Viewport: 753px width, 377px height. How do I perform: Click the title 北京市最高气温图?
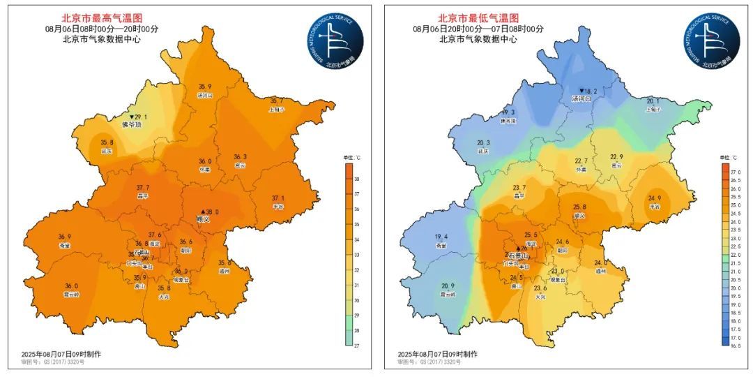[102, 17]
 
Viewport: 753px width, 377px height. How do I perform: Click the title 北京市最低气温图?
[478, 17]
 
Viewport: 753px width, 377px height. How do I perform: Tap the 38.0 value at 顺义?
[211, 212]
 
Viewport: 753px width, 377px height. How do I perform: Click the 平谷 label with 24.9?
[654, 207]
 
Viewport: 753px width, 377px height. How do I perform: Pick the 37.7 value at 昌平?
[144, 188]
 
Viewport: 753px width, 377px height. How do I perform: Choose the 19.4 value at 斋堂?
[441, 237]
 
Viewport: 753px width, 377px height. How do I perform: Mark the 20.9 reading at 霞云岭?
[448, 286]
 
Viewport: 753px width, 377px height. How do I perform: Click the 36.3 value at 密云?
[240, 157]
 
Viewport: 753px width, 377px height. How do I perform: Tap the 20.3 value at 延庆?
[483, 143]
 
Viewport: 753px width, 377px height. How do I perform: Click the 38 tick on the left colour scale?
[358, 179]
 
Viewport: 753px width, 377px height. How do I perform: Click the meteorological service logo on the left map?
[336, 40]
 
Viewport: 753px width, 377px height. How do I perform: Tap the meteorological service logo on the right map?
[711, 40]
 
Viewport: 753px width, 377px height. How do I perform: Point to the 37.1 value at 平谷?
[277, 198]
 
